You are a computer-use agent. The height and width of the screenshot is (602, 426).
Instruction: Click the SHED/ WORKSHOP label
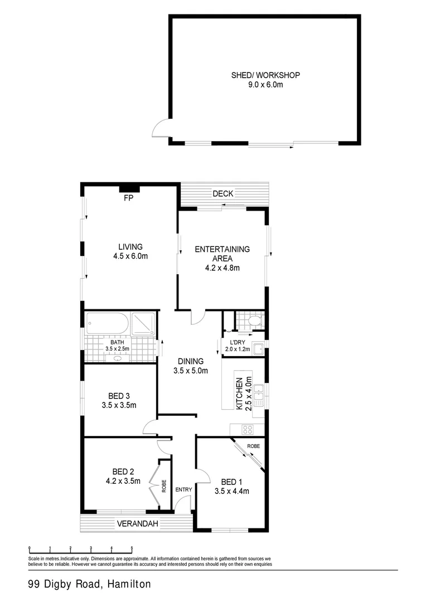point(265,75)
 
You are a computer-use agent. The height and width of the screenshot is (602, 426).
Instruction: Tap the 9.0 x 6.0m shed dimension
point(265,85)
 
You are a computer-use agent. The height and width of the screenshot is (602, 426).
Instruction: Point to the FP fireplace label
point(129,198)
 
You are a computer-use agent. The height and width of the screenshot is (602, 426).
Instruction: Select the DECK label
point(223,194)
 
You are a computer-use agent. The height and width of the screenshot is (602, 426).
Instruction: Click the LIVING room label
point(130,246)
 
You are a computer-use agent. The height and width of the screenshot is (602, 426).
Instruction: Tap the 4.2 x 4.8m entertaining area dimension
point(222,268)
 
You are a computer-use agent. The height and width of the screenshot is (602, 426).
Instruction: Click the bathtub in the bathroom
point(108,324)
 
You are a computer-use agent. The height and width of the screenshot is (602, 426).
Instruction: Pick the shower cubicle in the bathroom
point(143,324)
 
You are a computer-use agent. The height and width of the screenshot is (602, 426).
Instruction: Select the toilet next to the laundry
point(254,321)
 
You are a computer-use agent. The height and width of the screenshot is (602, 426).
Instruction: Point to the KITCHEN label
point(239,394)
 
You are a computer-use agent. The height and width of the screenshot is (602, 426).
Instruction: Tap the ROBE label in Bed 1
point(254,446)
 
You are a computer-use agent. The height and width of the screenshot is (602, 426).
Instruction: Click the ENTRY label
point(183,490)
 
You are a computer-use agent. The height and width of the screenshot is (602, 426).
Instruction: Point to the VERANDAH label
point(137,524)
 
